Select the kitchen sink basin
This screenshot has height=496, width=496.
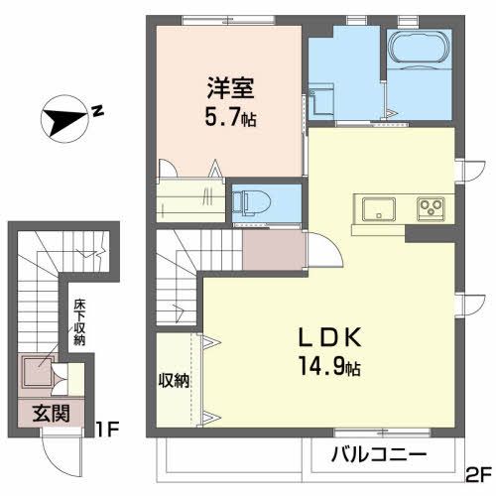pos(379,209)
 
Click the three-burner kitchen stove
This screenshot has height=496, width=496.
pos(431,209)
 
